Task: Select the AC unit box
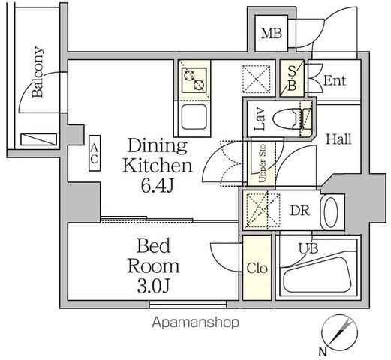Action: click(x=95, y=154)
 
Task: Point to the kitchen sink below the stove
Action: click(x=194, y=119)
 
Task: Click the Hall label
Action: click(x=338, y=139)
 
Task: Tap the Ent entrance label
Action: click(x=334, y=80)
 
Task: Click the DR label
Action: click(x=299, y=210)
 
